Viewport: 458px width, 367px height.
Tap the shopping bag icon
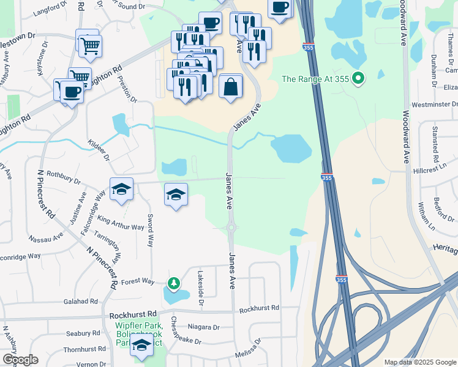point(230,86)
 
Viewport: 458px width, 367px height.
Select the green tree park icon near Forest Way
point(174,283)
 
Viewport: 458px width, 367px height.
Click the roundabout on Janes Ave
point(231,228)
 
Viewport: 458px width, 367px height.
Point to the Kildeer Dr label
point(98,149)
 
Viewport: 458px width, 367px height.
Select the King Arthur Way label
point(121,223)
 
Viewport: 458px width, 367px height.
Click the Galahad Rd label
point(81,302)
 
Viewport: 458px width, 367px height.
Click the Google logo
point(20,360)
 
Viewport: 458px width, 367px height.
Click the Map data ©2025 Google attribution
point(419,362)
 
